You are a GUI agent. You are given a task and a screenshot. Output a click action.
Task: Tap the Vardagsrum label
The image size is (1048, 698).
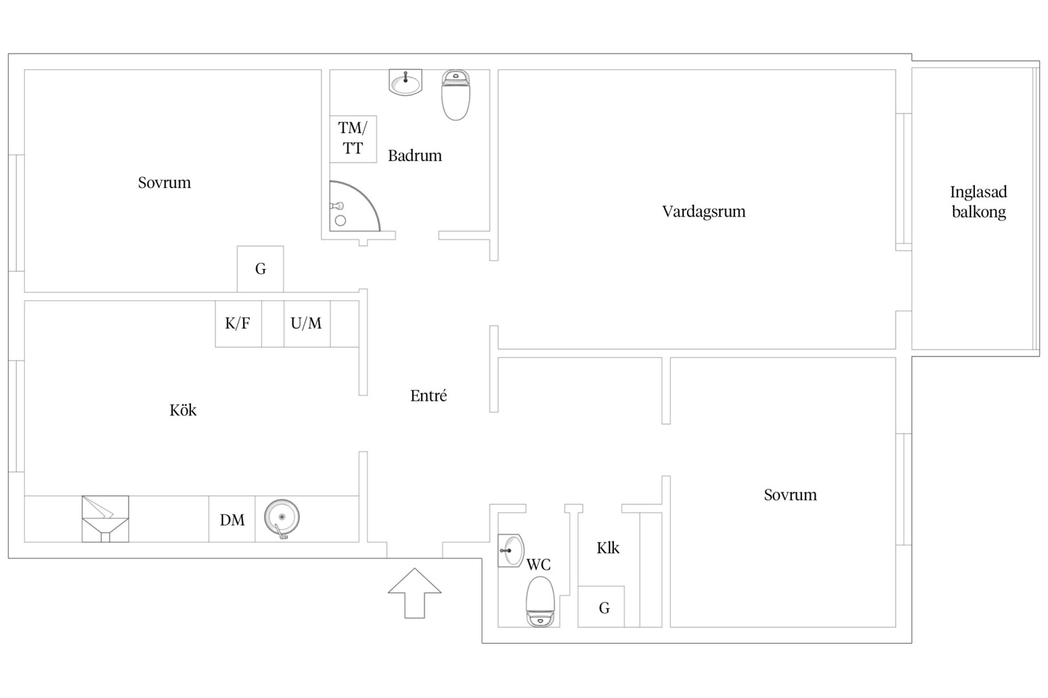pyautogui.click(x=704, y=212)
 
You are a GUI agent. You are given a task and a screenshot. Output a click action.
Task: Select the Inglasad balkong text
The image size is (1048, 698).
pyautogui.click(x=979, y=202)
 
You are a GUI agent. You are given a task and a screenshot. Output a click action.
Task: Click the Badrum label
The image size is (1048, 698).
pyautogui.click(x=415, y=156)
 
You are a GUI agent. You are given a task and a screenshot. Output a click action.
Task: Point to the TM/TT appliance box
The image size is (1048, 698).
pyautogui.click(x=353, y=139)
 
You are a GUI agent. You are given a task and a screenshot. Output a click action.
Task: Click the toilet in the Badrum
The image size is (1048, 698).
pyautogui.click(x=455, y=95)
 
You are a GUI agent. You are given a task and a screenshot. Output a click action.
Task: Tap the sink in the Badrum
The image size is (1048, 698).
pyautogui.click(x=406, y=82)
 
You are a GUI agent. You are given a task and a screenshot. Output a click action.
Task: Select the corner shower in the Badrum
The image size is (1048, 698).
pyautogui.click(x=355, y=206)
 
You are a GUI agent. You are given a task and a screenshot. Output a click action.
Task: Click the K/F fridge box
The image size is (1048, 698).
pyautogui.click(x=238, y=324)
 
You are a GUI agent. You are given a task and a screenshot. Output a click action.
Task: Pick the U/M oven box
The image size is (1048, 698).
pyautogui.click(x=307, y=324)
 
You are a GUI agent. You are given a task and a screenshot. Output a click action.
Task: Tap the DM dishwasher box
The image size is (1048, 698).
pyautogui.click(x=232, y=519)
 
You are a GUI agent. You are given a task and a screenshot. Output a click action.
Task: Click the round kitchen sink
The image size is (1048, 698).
pyautogui.click(x=281, y=518)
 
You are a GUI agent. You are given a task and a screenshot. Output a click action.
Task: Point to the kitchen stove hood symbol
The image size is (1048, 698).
pyautogui.click(x=105, y=519)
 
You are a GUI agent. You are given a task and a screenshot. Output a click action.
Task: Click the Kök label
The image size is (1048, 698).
pyautogui.click(x=183, y=410)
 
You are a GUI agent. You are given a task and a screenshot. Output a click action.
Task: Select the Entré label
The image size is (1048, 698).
pyautogui.click(x=428, y=396)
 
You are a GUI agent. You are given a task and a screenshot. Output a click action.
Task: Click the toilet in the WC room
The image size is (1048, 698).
pyautogui.click(x=540, y=602)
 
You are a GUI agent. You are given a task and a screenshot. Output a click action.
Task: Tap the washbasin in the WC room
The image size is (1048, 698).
pyautogui.click(x=510, y=550)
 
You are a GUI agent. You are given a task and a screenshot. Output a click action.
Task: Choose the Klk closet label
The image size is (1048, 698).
pyautogui.click(x=607, y=548)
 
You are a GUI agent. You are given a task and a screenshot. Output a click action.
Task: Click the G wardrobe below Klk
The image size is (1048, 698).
pyautogui.click(x=601, y=606)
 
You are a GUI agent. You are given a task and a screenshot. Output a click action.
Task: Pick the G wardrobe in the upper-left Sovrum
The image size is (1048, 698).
pyautogui.click(x=260, y=269)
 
